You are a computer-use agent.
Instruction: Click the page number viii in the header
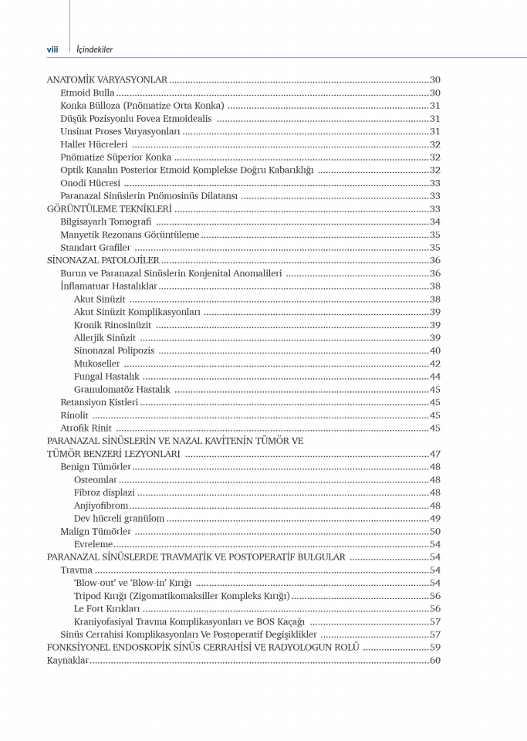pos(52,49)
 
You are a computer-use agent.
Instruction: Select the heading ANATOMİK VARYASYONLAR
pos(106,80)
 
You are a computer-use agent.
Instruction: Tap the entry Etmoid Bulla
pos(87,93)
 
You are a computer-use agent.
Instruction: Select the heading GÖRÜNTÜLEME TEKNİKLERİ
pos(109,209)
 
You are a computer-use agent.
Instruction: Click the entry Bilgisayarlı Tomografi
pos(106,222)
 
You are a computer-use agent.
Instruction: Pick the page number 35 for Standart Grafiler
pos(434,248)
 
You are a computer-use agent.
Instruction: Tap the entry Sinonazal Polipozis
pos(115,351)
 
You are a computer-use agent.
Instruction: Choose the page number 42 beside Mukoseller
pos(434,364)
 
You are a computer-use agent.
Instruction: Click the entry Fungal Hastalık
pos(106,377)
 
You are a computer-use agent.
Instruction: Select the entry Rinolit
pos(75,415)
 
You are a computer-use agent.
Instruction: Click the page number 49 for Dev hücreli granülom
pos(434,519)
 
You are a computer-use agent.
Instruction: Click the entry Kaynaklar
pos(68,661)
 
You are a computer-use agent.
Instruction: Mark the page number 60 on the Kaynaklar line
pos(434,661)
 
